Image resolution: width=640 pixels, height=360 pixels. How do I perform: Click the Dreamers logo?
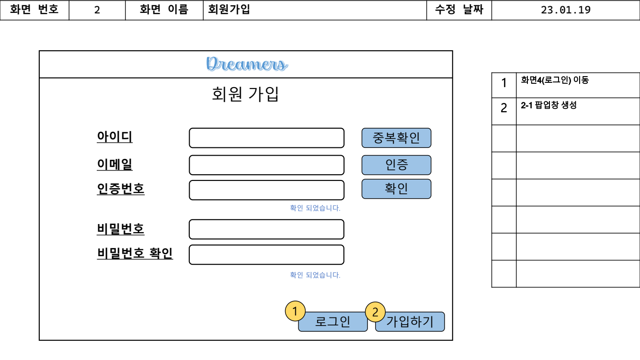[247, 64]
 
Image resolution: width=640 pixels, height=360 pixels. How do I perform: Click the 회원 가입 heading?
[245, 94]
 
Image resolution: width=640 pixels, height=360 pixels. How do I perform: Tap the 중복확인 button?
[396, 138]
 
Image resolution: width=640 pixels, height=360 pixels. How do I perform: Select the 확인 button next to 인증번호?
[396, 189]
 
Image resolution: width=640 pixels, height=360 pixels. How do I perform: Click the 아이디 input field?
[266, 138]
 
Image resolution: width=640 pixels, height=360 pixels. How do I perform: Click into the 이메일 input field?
[266, 165]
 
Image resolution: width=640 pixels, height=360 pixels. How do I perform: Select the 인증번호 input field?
[266, 190]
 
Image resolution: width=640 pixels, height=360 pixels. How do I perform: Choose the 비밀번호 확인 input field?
[266, 255]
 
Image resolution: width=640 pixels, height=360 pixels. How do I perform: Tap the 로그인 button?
[333, 322]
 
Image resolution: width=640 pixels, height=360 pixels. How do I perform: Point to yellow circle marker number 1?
[295, 311]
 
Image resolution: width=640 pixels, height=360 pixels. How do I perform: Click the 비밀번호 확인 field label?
[135, 253]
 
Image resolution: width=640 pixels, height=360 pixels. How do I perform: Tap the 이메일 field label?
[114, 164]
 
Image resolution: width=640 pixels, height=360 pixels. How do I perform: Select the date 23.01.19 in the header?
[565, 10]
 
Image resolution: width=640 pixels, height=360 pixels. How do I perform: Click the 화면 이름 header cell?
[164, 10]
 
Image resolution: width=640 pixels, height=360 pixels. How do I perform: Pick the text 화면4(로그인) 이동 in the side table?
[555, 80]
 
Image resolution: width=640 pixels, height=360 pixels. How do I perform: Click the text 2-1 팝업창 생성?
[549, 106]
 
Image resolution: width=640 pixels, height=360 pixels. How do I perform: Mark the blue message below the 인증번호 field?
[315, 208]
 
